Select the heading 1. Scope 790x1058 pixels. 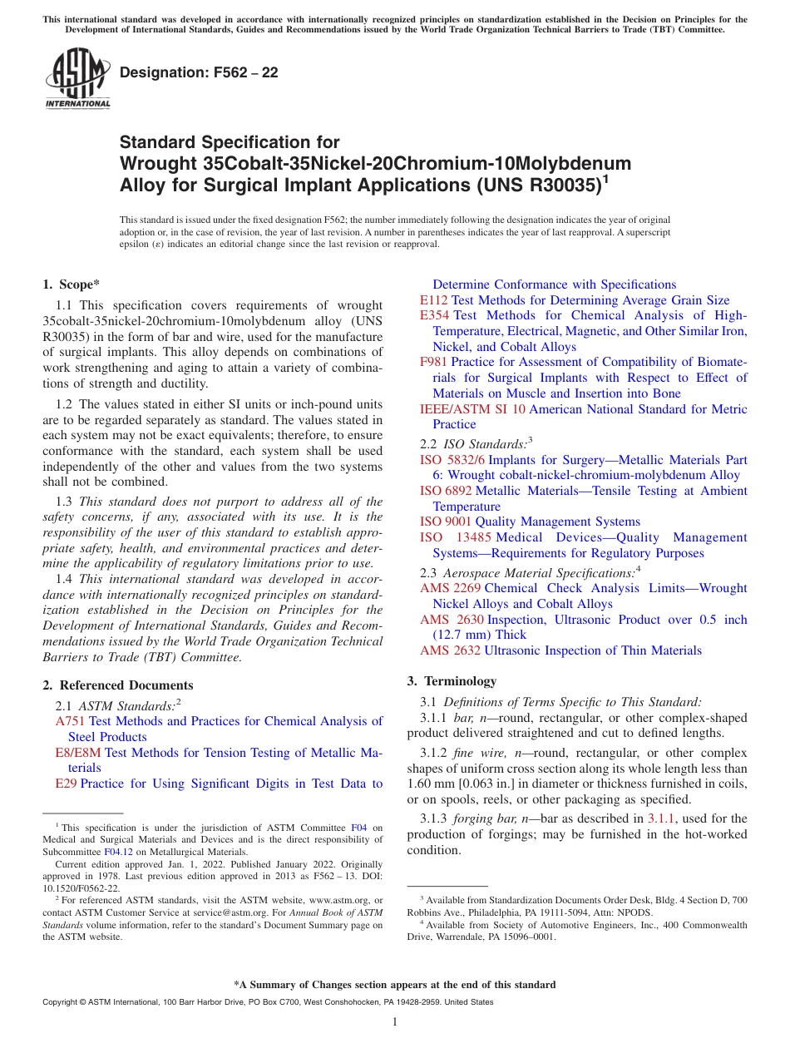click(x=72, y=284)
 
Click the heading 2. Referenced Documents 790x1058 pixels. click(x=118, y=685)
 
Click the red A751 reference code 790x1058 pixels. click(x=70, y=721)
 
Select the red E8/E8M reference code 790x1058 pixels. click(x=77, y=753)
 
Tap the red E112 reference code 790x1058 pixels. click(x=434, y=300)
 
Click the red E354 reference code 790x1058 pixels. click(x=435, y=315)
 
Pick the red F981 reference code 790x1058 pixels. click(x=434, y=362)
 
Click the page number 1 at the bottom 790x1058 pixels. click(x=395, y=1022)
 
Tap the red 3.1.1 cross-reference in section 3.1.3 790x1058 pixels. click(x=661, y=818)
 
